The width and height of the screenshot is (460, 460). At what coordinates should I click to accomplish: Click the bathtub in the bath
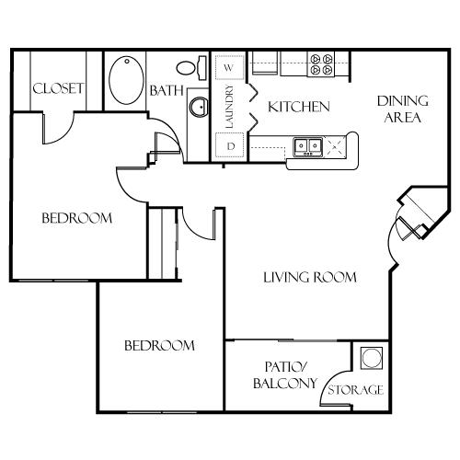point(126,80)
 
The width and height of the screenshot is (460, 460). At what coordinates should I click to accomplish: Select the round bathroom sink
point(199,107)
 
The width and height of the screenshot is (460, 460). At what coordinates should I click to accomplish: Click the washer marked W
point(230,67)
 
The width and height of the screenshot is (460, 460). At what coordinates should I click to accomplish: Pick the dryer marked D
point(230,146)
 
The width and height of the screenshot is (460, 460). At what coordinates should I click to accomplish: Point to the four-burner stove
point(321,64)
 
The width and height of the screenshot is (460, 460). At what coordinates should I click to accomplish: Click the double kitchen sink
point(308,147)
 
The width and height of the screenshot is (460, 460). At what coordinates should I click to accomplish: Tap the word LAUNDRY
point(229,107)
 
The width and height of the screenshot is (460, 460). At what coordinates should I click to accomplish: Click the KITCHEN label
point(299,107)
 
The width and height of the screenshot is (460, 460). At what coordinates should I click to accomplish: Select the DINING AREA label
point(403,109)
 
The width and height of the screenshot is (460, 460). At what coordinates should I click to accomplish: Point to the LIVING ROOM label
point(310,277)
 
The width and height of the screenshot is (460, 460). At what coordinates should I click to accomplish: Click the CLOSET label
point(58,88)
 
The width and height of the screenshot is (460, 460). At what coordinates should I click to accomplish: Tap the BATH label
point(167,90)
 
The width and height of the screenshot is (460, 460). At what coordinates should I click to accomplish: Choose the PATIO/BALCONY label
point(285,375)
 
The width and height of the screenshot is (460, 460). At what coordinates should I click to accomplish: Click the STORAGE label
point(356,390)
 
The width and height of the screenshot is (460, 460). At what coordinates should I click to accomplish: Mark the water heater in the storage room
point(372,358)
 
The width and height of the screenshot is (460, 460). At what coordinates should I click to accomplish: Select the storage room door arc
point(328,383)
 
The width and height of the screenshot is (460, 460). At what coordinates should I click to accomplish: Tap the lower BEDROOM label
point(159,346)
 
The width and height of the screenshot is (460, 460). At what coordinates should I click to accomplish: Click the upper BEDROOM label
point(77,218)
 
